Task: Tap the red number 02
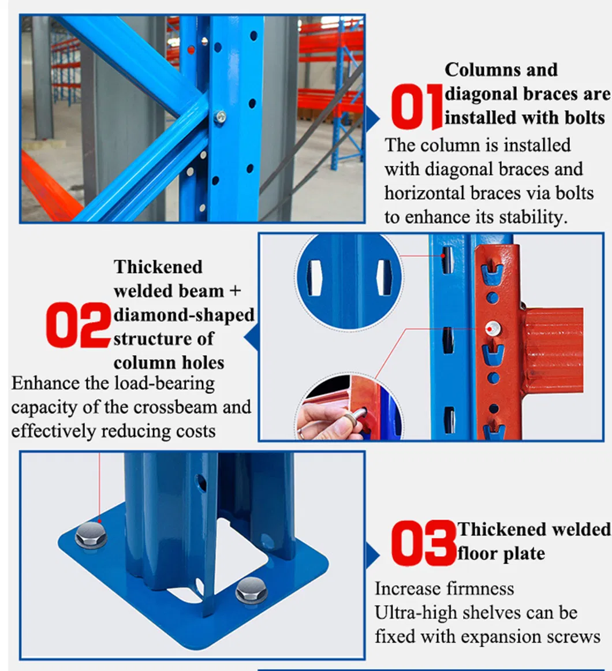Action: pos(79,326)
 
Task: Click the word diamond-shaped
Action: pos(184,315)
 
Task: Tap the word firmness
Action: pos(480,589)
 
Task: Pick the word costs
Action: pos(194,431)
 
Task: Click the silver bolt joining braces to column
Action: pos(219,117)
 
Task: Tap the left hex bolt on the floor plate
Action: pos(91,536)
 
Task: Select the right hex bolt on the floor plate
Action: pos(251,591)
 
